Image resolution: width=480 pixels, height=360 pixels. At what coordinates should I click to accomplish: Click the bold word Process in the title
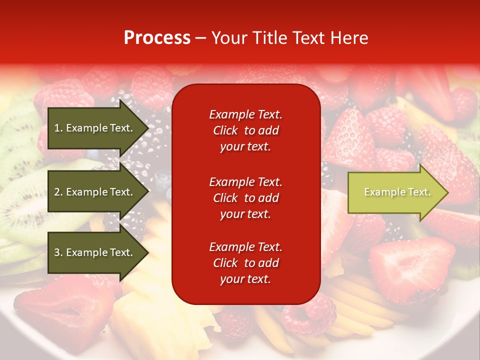coord(157,38)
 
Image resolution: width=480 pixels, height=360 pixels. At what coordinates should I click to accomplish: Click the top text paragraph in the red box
coord(245,130)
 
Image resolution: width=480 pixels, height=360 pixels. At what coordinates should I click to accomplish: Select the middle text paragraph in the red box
coord(245,198)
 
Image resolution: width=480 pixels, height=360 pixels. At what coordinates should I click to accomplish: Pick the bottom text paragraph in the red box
coord(245,263)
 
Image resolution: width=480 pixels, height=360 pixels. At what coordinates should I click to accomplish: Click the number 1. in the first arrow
coord(58,128)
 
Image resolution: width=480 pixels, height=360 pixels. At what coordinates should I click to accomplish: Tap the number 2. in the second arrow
coord(58,192)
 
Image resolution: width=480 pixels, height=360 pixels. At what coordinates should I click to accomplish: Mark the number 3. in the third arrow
coord(58,252)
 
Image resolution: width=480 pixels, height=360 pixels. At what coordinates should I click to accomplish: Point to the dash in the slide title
coord(200,38)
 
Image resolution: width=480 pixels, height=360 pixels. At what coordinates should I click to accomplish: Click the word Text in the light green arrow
coord(420,192)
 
